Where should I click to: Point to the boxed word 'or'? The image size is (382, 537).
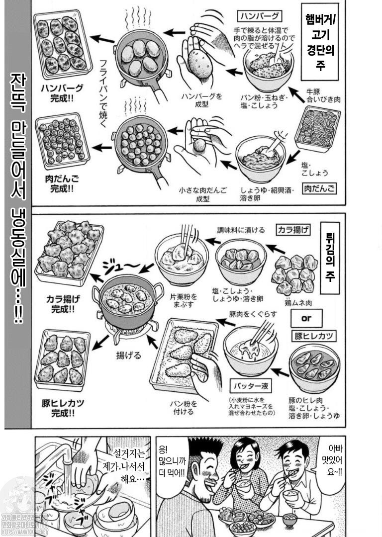click(306, 318)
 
